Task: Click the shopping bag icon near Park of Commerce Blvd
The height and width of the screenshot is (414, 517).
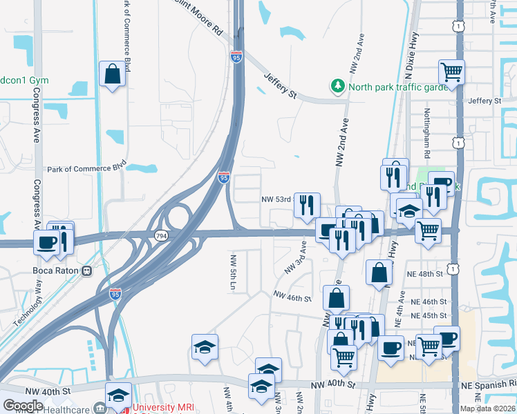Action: (x=112, y=74)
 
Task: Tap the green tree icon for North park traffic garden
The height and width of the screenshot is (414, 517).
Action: (x=338, y=86)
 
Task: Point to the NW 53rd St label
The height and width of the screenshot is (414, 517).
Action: (x=278, y=199)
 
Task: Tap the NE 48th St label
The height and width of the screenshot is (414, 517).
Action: (x=424, y=274)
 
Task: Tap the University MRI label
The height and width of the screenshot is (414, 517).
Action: (x=161, y=408)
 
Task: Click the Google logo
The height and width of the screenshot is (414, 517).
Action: (x=23, y=405)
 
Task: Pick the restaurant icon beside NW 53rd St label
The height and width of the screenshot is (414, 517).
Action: (x=308, y=205)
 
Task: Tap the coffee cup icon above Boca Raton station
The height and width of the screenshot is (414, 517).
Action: (x=47, y=242)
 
